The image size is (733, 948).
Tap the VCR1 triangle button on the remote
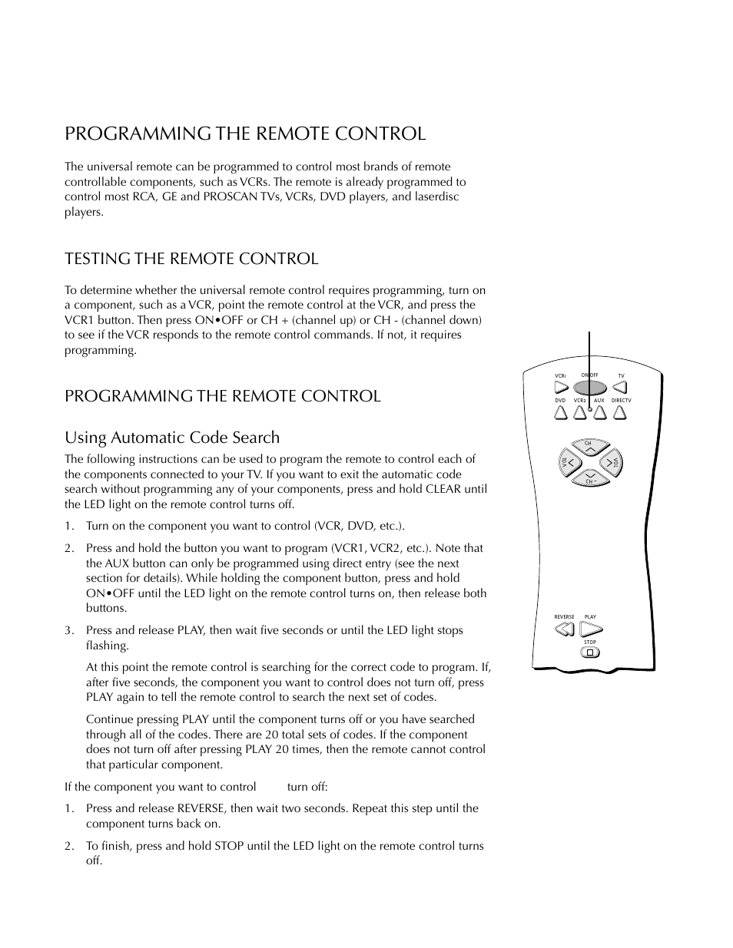[560, 387]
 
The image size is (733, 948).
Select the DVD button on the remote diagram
[560, 413]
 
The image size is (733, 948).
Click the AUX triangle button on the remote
[599, 413]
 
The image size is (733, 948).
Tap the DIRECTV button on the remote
[620, 413]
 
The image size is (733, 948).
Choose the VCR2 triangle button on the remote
[580, 413]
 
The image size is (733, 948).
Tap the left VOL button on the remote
[569, 462]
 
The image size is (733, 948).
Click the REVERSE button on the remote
[564, 630]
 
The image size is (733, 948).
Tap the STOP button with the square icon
[589, 653]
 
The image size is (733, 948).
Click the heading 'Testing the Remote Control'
[191, 259]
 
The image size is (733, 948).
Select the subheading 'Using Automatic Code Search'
[172, 438]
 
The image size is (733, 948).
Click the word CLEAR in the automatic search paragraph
[443, 489]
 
